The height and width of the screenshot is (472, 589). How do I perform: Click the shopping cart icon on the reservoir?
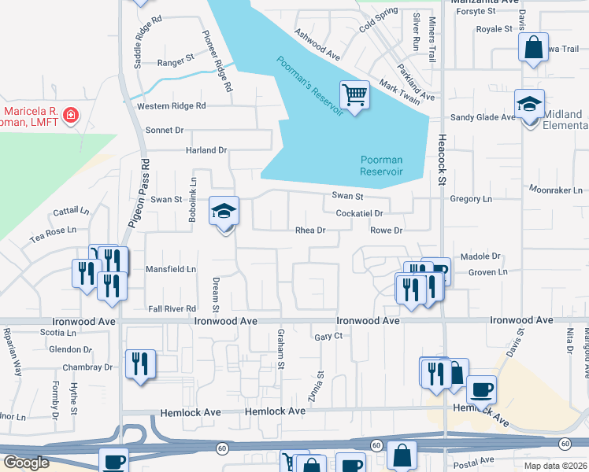point(355,95)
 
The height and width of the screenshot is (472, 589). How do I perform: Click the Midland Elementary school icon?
point(530,105)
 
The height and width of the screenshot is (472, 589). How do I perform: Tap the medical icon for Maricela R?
point(71,116)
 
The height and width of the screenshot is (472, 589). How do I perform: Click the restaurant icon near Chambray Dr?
point(140,363)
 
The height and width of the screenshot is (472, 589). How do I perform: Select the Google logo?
point(26,463)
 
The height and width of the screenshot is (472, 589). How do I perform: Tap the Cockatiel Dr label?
point(359,213)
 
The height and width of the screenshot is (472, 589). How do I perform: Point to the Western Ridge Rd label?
point(171,105)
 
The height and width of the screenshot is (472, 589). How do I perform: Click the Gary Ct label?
point(328,336)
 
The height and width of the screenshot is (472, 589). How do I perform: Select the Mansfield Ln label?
point(171,269)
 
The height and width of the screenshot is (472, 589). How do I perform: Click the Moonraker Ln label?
point(558,190)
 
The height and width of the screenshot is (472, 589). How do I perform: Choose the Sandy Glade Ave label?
point(483,117)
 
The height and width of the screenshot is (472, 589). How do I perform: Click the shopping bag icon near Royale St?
point(533,46)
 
